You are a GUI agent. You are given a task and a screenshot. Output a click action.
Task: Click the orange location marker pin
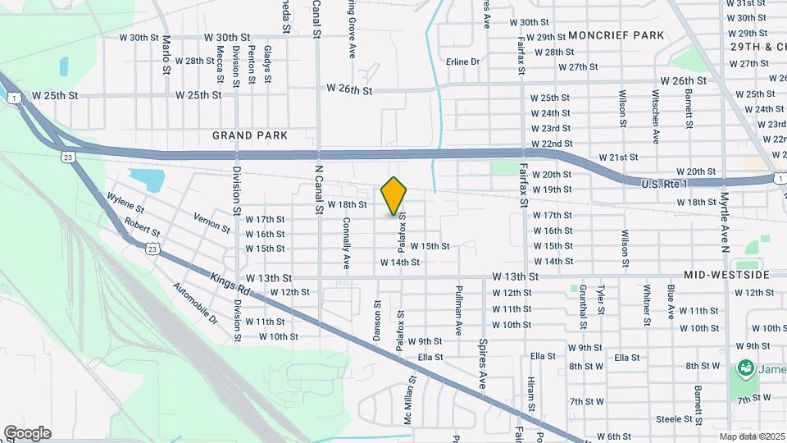(x=393, y=195)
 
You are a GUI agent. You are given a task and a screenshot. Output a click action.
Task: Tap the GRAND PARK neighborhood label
(x=250, y=135)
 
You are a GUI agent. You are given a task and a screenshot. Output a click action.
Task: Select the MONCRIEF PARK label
(x=616, y=35)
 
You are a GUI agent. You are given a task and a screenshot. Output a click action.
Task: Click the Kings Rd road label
(x=230, y=288)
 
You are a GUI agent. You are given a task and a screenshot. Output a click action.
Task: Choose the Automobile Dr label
(x=195, y=302)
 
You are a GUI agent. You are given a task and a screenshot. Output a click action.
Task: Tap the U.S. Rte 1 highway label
(x=665, y=185)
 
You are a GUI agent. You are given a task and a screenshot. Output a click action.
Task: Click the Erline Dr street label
(x=462, y=62)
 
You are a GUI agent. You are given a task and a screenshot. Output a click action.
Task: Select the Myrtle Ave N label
(x=725, y=221)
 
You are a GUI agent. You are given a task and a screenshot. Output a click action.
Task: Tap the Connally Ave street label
(x=346, y=244)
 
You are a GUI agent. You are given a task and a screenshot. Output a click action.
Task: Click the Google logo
(x=27, y=432)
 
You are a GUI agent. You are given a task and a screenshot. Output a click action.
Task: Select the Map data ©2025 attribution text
(x=752, y=436)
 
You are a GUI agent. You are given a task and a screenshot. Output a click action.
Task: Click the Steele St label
(x=674, y=419)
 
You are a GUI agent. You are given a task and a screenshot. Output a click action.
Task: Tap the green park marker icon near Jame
(x=746, y=368)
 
